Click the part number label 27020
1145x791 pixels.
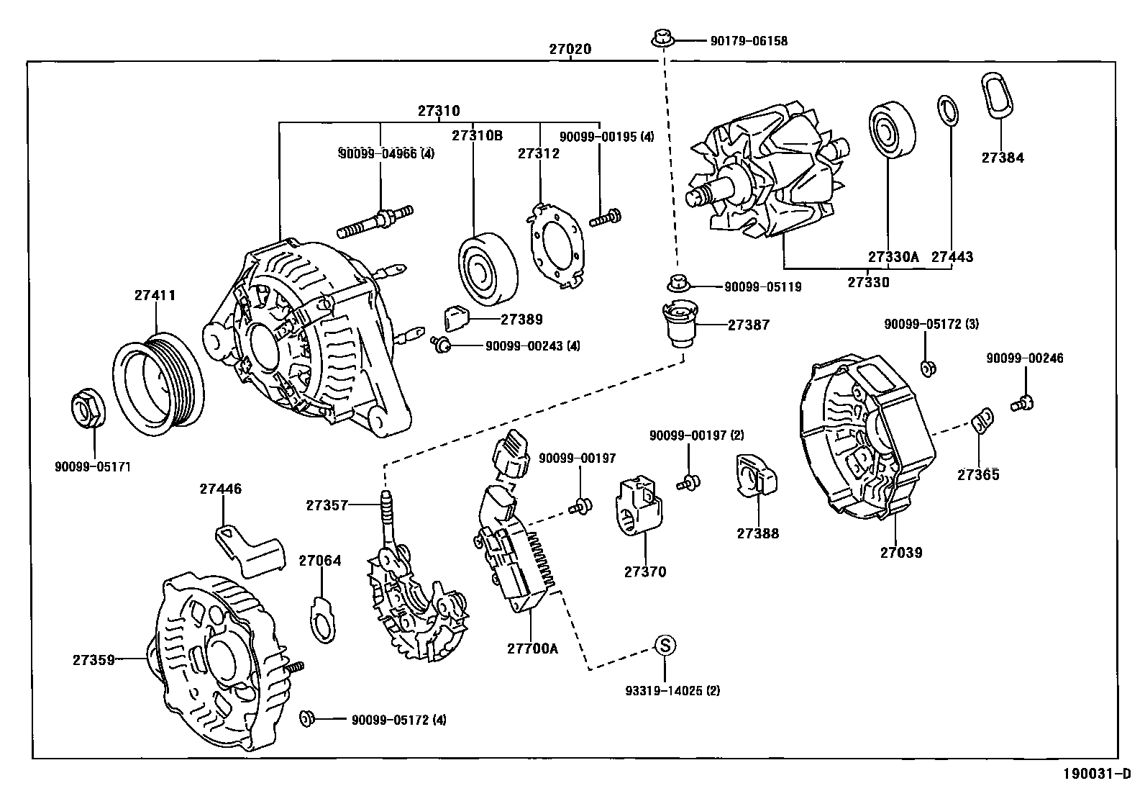[570, 50]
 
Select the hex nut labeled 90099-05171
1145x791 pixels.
[88, 409]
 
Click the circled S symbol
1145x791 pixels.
[665, 646]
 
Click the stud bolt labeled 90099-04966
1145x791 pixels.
[376, 220]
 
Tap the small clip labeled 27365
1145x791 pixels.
[982, 421]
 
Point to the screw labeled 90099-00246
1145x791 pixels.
[1021, 403]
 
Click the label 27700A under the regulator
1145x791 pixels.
[532, 648]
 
